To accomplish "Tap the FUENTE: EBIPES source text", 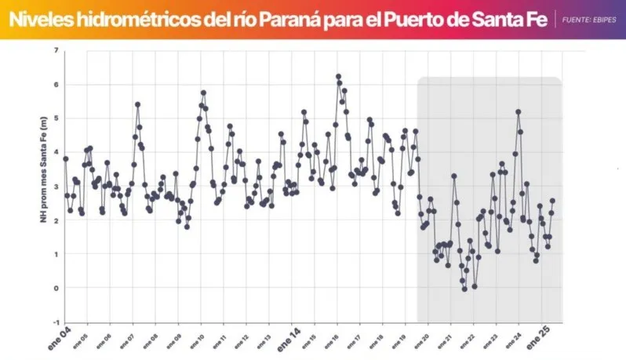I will tap(588, 19).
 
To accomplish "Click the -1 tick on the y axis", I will tap(56, 322).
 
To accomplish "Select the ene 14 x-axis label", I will tap(292, 339).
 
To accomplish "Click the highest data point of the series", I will tap(338, 77).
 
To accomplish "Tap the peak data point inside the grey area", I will tap(518, 111).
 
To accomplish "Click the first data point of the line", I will tap(65, 158).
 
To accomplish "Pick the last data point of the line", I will tap(552, 201).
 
